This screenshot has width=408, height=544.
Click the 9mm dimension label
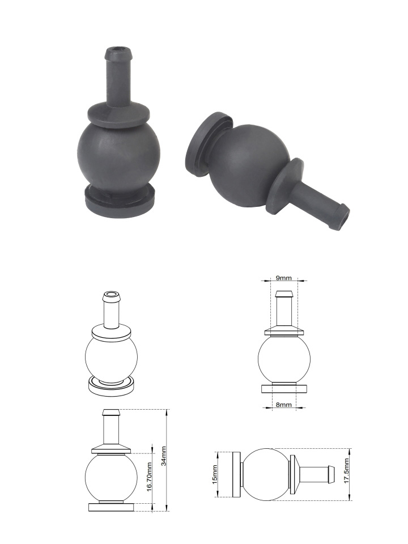(x=284, y=278)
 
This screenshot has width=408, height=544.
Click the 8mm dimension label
(x=284, y=405)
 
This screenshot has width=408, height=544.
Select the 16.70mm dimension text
(x=149, y=477)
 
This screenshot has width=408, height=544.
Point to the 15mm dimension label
(x=215, y=474)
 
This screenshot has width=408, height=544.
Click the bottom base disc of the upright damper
(x=120, y=201)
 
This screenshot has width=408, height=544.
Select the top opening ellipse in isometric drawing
(x=111, y=295)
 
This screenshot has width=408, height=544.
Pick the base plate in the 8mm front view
(x=284, y=389)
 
